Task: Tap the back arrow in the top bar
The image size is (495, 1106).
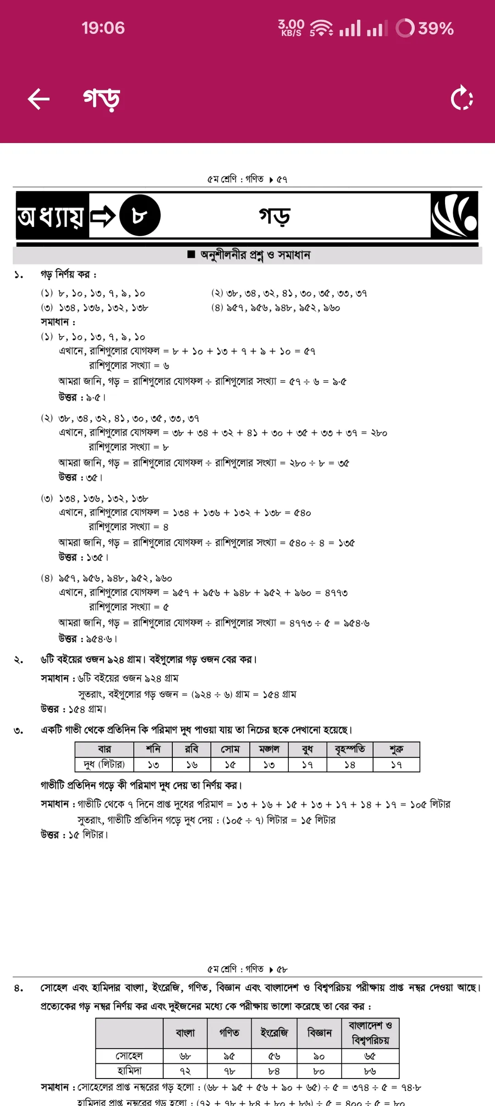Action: pos(38,99)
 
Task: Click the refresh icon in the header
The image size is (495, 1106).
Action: pos(462,98)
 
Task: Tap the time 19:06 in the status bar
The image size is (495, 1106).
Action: pos(103,28)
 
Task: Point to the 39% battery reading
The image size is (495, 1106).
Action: pos(435,28)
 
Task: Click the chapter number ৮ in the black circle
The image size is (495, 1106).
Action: pos(140,216)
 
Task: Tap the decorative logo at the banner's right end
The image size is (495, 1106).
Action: pos(454,215)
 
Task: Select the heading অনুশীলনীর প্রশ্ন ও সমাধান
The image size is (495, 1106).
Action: pos(255,255)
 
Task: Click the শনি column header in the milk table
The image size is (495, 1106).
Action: pos(153,749)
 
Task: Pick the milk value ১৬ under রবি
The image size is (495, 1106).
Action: pos(192,765)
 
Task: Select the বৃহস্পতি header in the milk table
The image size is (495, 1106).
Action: pos(350,749)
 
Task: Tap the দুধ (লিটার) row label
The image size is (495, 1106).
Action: pos(104,764)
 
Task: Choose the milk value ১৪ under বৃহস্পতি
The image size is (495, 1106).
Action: pos(350,765)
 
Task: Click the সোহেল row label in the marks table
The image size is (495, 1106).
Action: pos(129,1056)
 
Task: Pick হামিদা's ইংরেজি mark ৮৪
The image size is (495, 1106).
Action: pos(274,1071)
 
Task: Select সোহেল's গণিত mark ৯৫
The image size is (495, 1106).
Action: pos(229,1056)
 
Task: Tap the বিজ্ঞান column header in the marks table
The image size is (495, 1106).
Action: pos(319,1033)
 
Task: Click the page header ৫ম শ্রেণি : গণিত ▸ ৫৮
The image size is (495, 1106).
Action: pos(247,969)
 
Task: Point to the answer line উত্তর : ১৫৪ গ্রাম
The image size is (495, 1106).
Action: pos(73,709)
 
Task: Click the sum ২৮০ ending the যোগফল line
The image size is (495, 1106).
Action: pos(379,433)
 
